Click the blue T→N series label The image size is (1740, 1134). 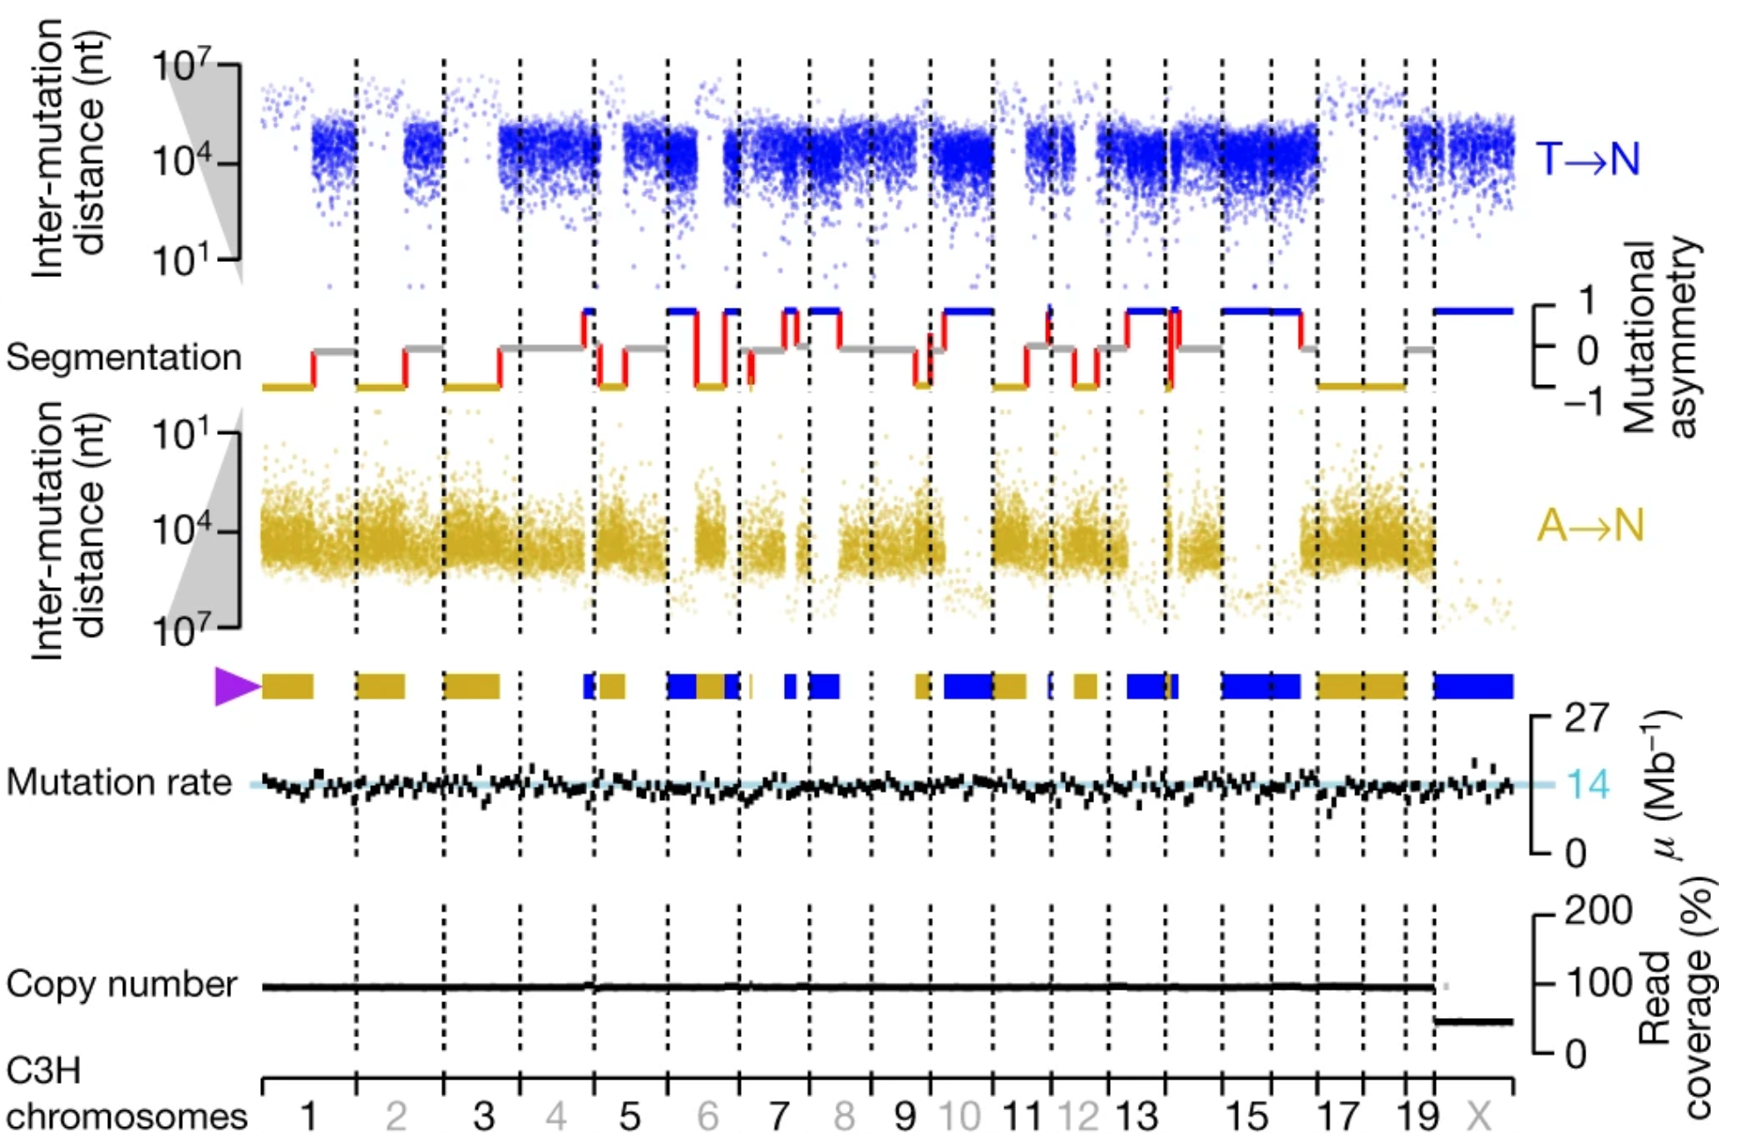(1587, 160)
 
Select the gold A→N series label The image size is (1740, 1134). (1589, 527)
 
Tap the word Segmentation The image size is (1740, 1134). (123, 358)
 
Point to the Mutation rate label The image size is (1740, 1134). (119, 782)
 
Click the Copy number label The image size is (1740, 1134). (121, 985)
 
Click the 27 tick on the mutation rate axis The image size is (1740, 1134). (1586, 719)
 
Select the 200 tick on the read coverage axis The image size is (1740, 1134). (1598, 912)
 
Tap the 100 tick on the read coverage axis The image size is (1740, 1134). (1598, 983)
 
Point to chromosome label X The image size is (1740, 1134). (1478, 1117)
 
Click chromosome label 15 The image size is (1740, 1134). (1246, 1117)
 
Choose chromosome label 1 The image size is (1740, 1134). (308, 1117)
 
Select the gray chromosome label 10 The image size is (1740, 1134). (959, 1117)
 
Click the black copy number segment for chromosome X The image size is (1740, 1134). (1474, 1022)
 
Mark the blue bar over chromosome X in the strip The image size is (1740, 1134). (1474, 687)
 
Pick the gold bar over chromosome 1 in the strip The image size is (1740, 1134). (287, 687)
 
